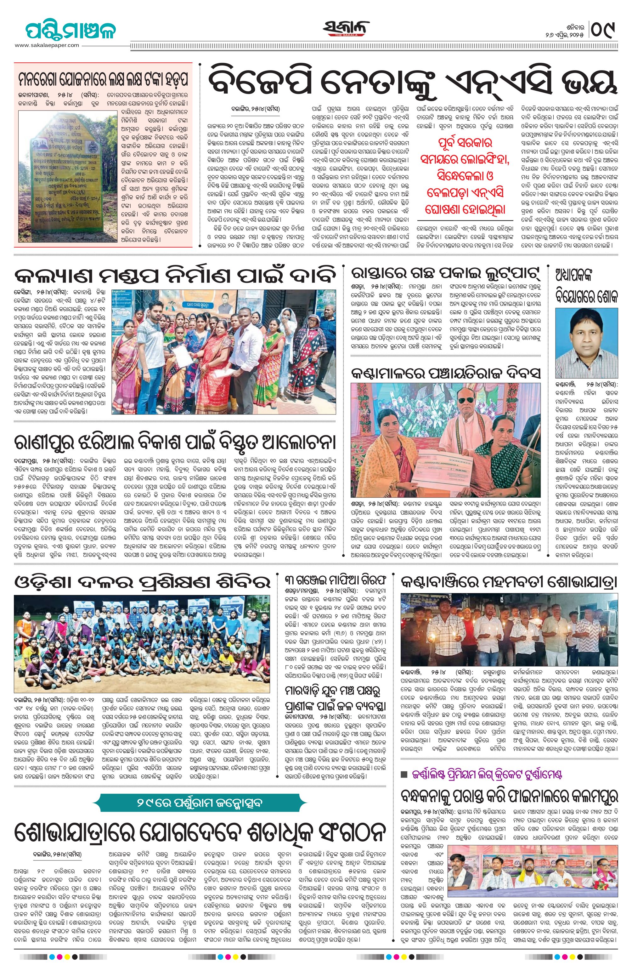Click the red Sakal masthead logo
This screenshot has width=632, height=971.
347,29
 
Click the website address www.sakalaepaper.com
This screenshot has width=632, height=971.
47,45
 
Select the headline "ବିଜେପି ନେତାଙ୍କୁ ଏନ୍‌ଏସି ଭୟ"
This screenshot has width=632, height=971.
412,84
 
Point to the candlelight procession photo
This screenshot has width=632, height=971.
509,629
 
